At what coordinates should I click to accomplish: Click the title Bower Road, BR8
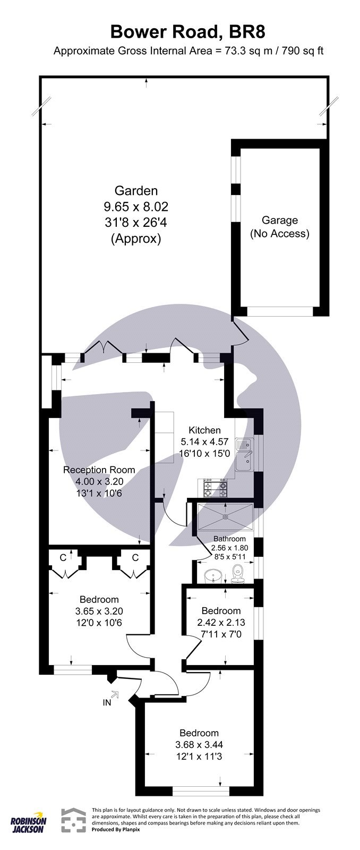(187, 32)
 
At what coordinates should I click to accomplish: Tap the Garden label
(136, 190)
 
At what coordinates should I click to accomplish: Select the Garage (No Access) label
(280, 227)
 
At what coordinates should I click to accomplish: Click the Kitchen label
(205, 430)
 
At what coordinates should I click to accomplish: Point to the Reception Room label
(99, 470)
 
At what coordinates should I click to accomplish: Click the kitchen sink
(245, 455)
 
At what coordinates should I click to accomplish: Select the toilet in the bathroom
(237, 573)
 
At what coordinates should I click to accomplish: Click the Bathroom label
(229, 539)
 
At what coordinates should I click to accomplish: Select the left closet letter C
(63, 557)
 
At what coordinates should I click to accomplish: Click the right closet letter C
(135, 557)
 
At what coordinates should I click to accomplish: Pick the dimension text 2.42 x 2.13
(221, 622)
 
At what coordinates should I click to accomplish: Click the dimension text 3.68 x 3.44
(199, 745)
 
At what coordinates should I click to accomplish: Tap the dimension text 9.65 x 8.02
(136, 206)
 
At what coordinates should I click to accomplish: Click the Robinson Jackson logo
(29, 823)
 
